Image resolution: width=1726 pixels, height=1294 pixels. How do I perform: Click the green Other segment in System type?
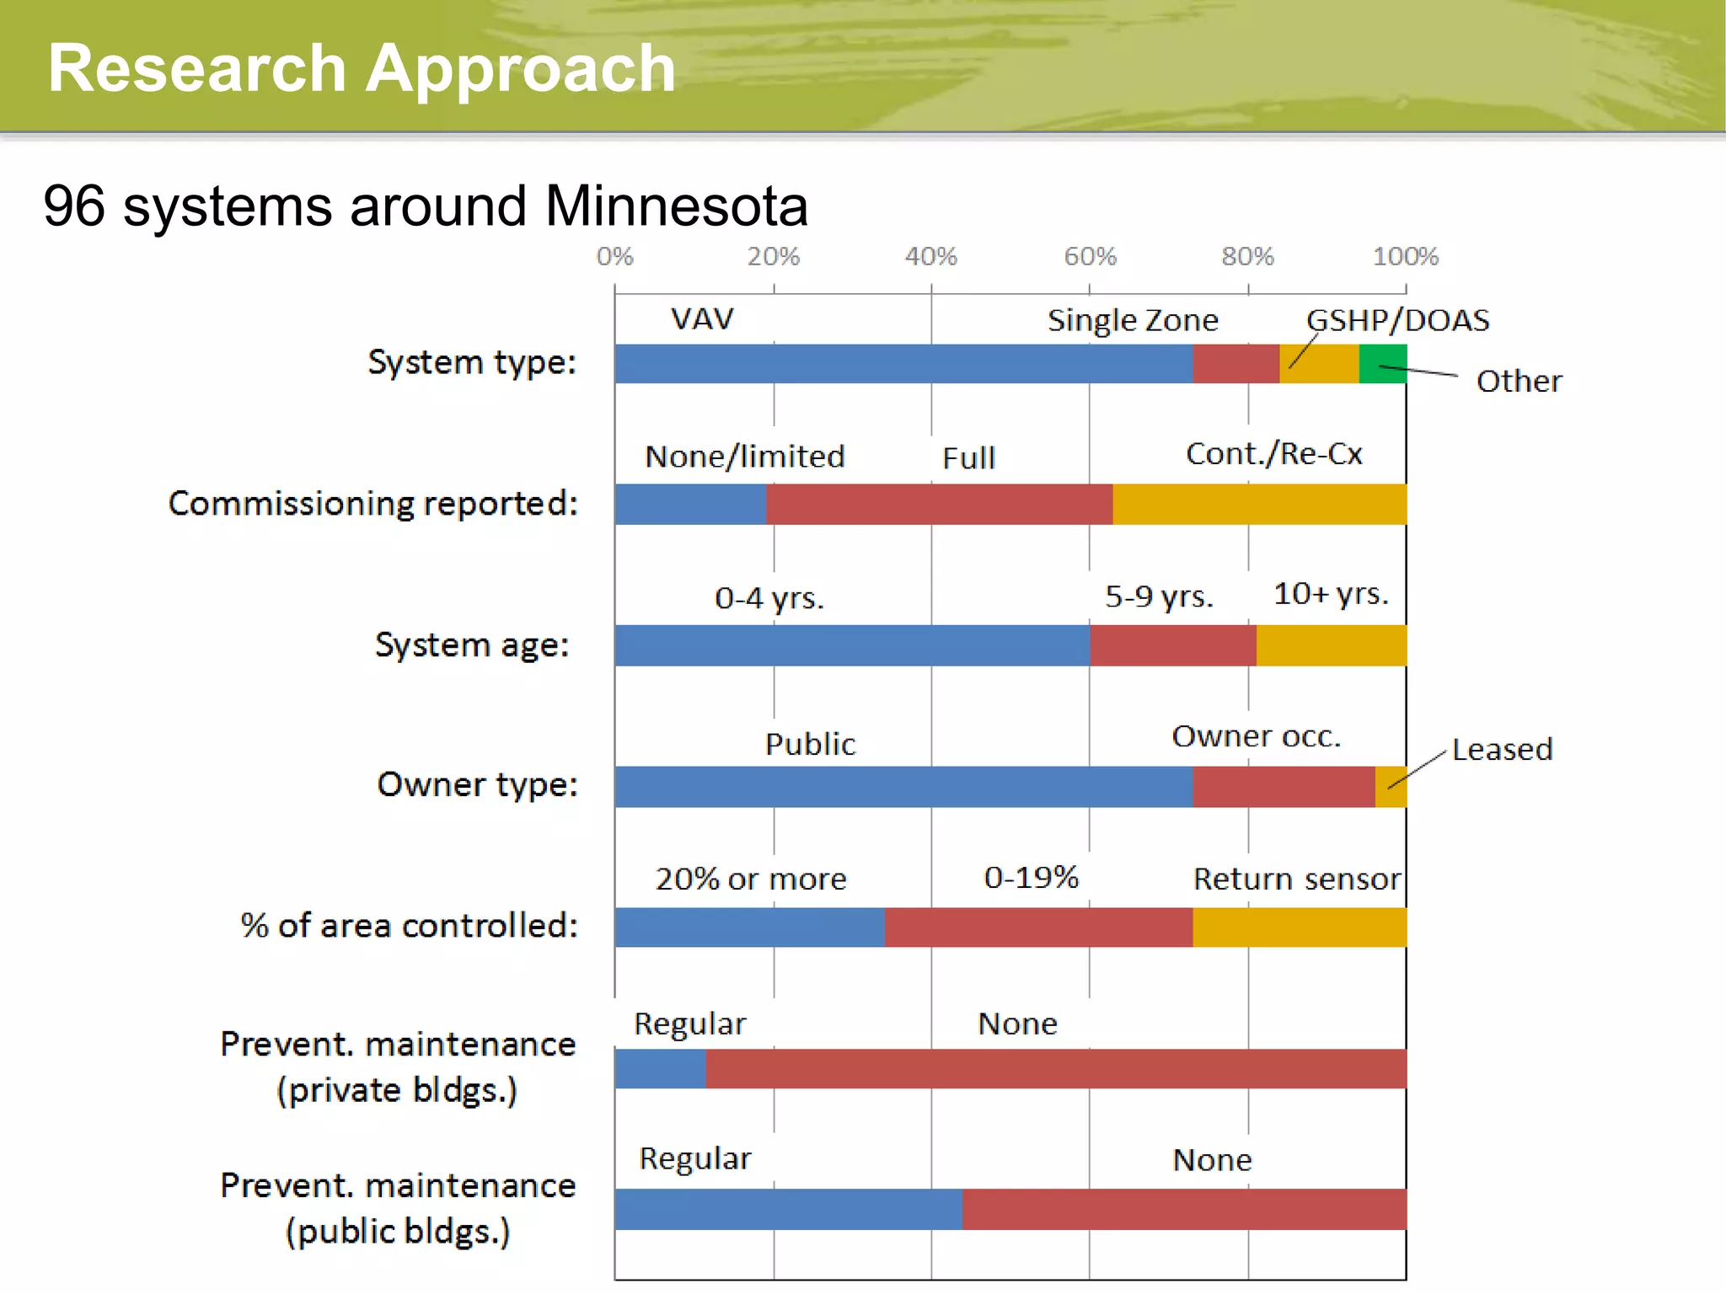[1383, 364]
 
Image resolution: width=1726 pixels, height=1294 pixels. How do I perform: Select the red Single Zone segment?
[1236, 364]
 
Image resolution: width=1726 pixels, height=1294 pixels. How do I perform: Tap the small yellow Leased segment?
[1391, 787]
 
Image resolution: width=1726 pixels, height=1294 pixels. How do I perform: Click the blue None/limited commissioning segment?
[690, 504]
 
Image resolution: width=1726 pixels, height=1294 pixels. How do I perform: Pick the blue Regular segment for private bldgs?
[660, 1069]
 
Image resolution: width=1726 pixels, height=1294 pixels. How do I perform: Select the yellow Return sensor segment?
[1300, 927]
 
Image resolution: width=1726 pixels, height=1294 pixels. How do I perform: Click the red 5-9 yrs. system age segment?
[1173, 645]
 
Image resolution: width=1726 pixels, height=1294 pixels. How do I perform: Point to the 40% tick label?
[930, 256]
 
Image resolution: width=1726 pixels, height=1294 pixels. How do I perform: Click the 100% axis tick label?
[1405, 256]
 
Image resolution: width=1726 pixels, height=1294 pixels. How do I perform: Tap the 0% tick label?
[614, 256]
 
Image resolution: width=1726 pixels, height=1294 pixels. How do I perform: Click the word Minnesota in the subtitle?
[676, 206]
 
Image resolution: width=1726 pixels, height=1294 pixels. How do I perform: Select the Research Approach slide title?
[362, 68]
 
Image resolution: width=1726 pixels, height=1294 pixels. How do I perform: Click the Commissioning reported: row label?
[373, 504]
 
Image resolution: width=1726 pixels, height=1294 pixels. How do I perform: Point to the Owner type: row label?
[477, 785]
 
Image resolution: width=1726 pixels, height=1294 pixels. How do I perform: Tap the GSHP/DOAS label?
[1397, 320]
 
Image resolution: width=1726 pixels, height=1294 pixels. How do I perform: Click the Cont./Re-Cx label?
[1273, 454]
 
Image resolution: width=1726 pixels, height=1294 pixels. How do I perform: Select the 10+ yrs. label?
[1330, 594]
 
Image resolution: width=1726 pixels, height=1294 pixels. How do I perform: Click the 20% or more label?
[751, 879]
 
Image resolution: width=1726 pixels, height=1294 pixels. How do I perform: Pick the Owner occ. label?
[1256, 736]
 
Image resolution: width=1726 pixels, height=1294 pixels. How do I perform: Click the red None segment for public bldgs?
[1184, 1210]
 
